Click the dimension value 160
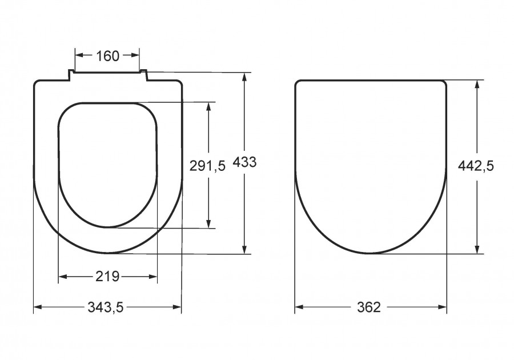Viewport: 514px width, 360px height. [x=107, y=56]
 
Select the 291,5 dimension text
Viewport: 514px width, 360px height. [x=207, y=166]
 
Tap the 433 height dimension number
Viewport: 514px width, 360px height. [x=244, y=162]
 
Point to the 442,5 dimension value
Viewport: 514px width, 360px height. [x=476, y=166]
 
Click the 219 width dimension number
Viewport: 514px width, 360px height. [x=107, y=277]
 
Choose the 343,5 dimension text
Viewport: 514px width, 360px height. [x=106, y=307]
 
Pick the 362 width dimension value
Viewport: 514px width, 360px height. [x=369, y=307]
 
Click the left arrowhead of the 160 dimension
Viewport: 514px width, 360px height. [x=79, y=55]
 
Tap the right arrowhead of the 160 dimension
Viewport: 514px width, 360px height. [x=135, y=55]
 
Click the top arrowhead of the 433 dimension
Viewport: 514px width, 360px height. [x=244, y=77]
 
